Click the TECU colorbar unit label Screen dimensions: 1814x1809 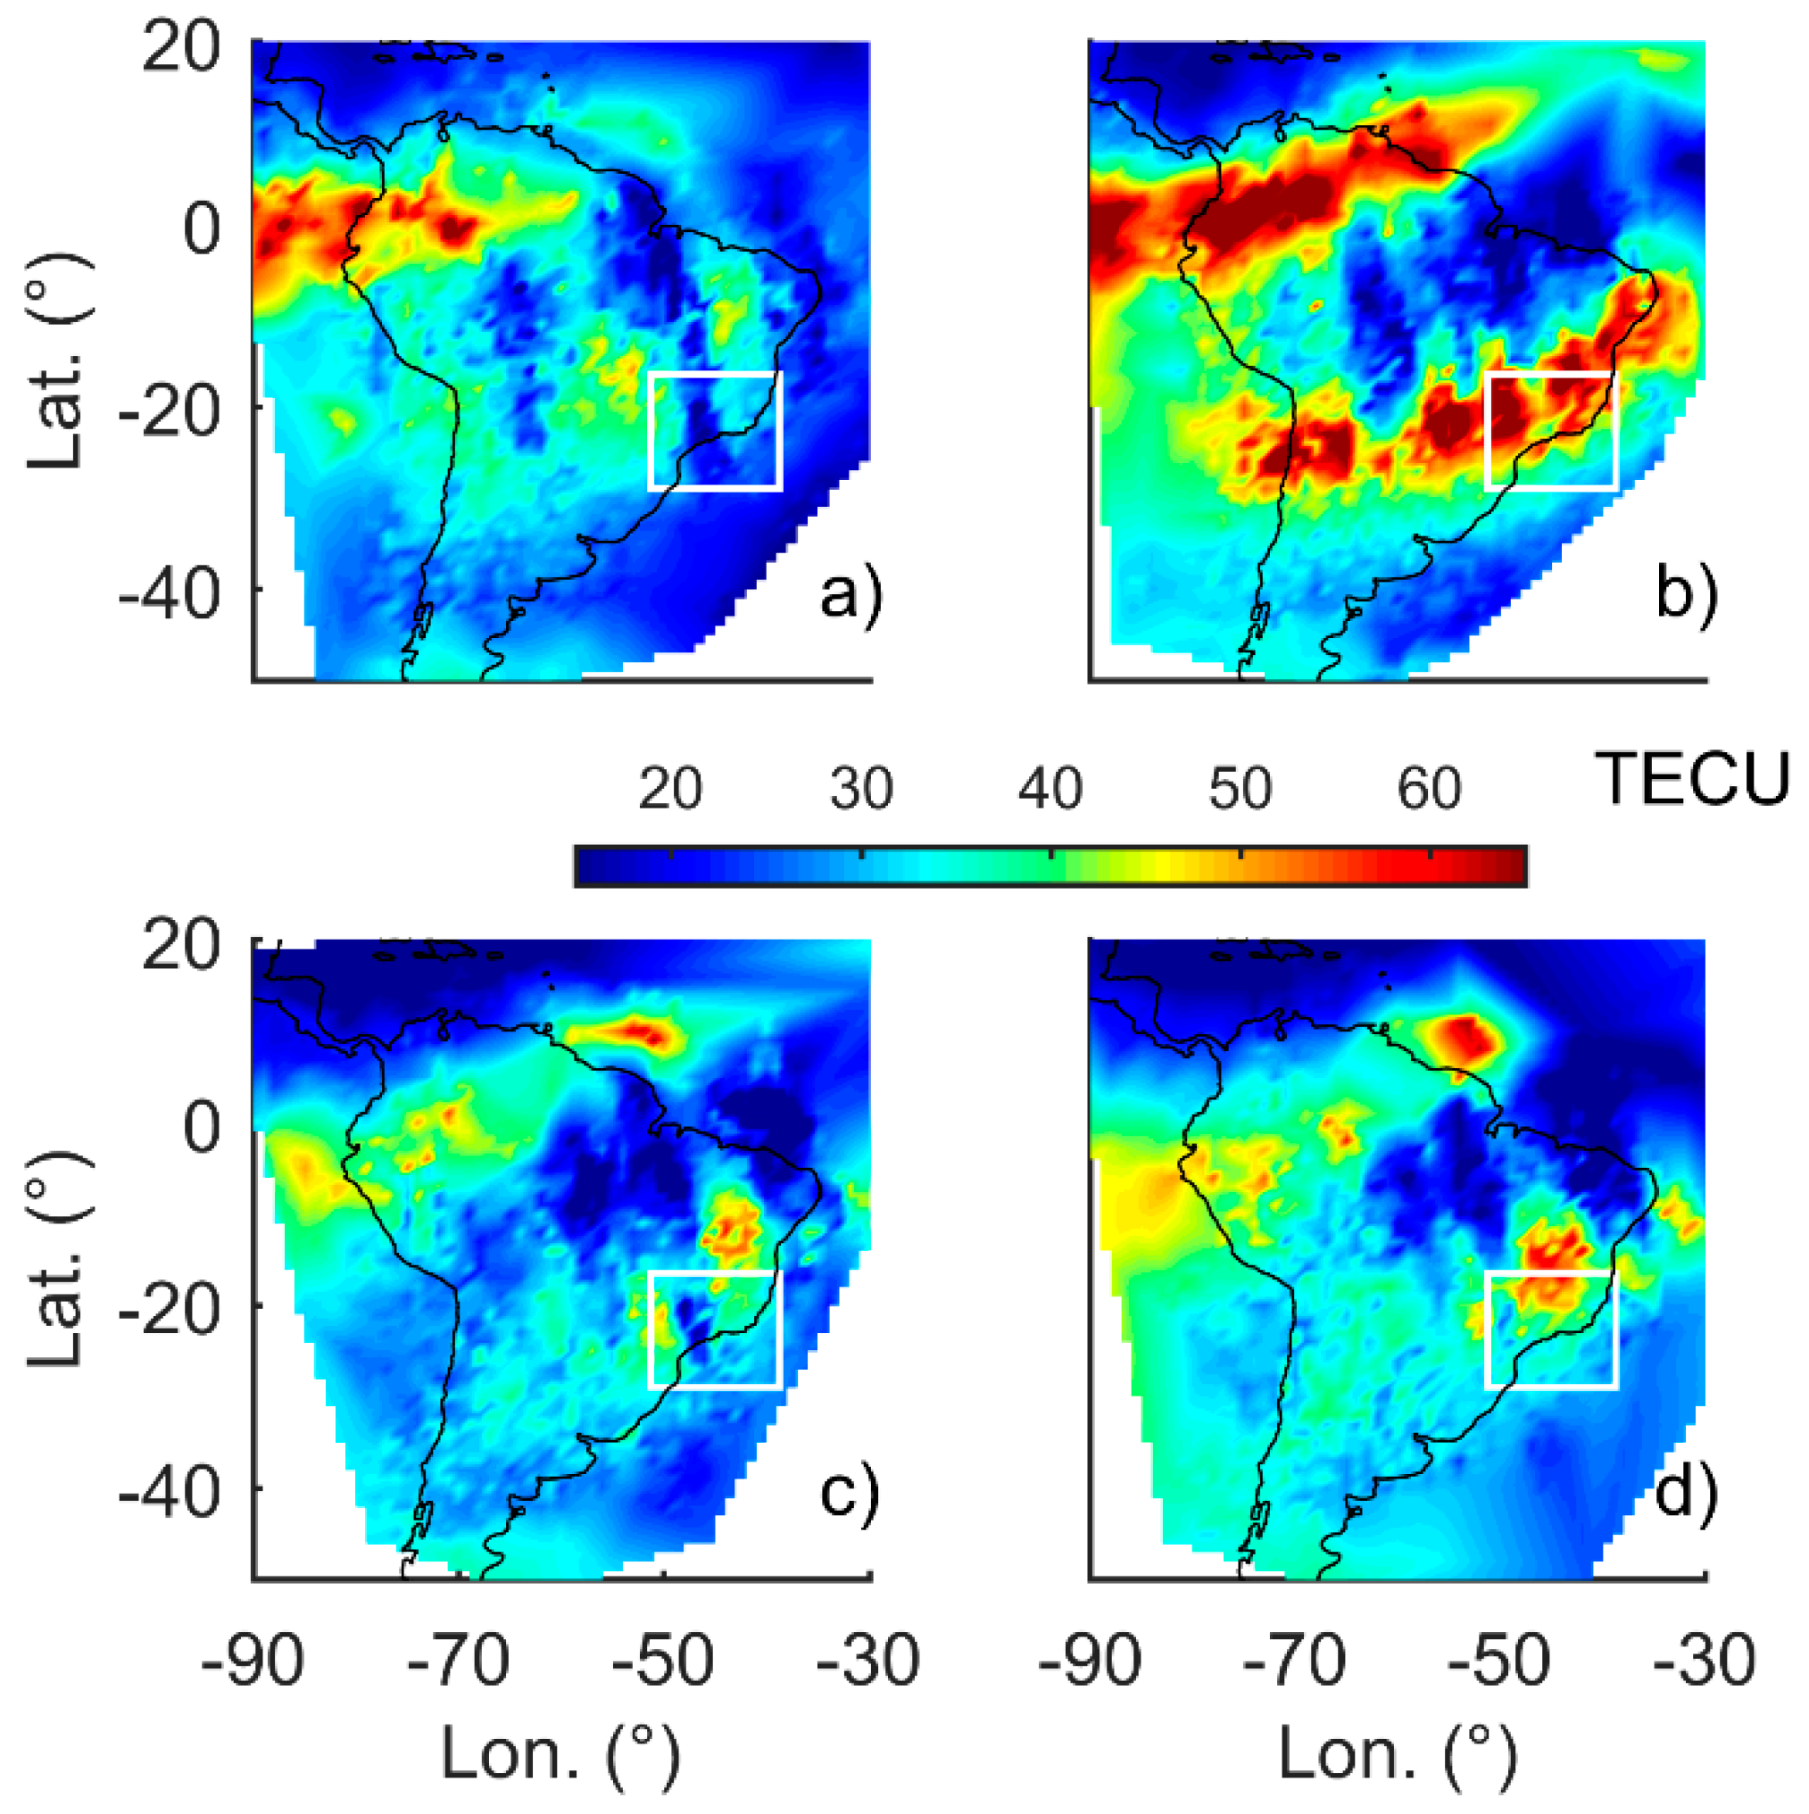1694,780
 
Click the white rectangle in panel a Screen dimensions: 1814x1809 715,373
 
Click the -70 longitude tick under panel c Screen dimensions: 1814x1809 460,1662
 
